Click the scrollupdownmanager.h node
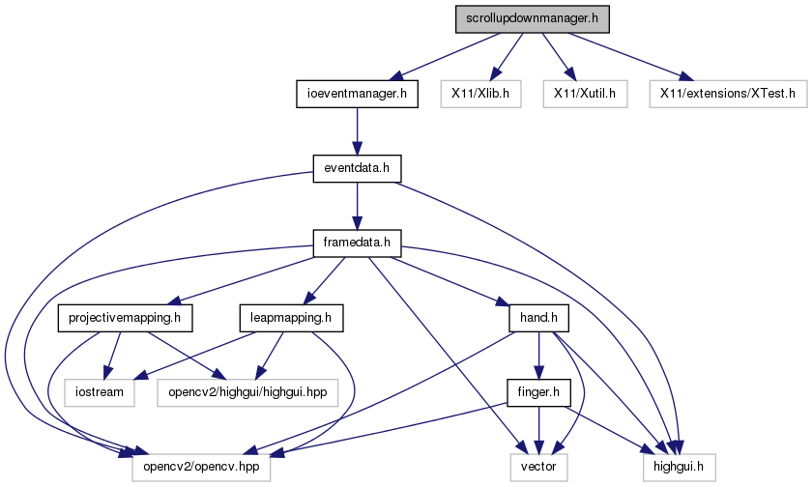pos(533,19)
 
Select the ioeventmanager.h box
pos(357,94)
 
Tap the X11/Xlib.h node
pos(480,94)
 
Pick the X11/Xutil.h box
pos(585,94)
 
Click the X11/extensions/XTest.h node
pos(728,94)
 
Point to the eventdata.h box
pos(357,169)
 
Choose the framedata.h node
pos(357,243)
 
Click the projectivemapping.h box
pos(125,318)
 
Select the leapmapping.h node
pos(291,318)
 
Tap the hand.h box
pos(538,318)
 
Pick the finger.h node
pos(538,393)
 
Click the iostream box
pos(100,393)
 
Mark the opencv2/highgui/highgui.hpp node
pos(247,393)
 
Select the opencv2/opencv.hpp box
pos(201,468)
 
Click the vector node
pos(538,468)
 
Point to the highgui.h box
pos(679,468)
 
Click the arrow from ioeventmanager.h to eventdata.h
pos(357,131)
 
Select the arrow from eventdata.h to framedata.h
pos(357,206)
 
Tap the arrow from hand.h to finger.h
pos(538,356)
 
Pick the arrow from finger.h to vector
pos(538,430)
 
